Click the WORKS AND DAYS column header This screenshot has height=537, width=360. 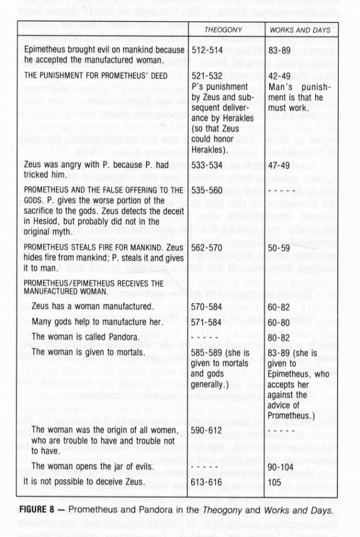pyautogui.click(x=295, y=30)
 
